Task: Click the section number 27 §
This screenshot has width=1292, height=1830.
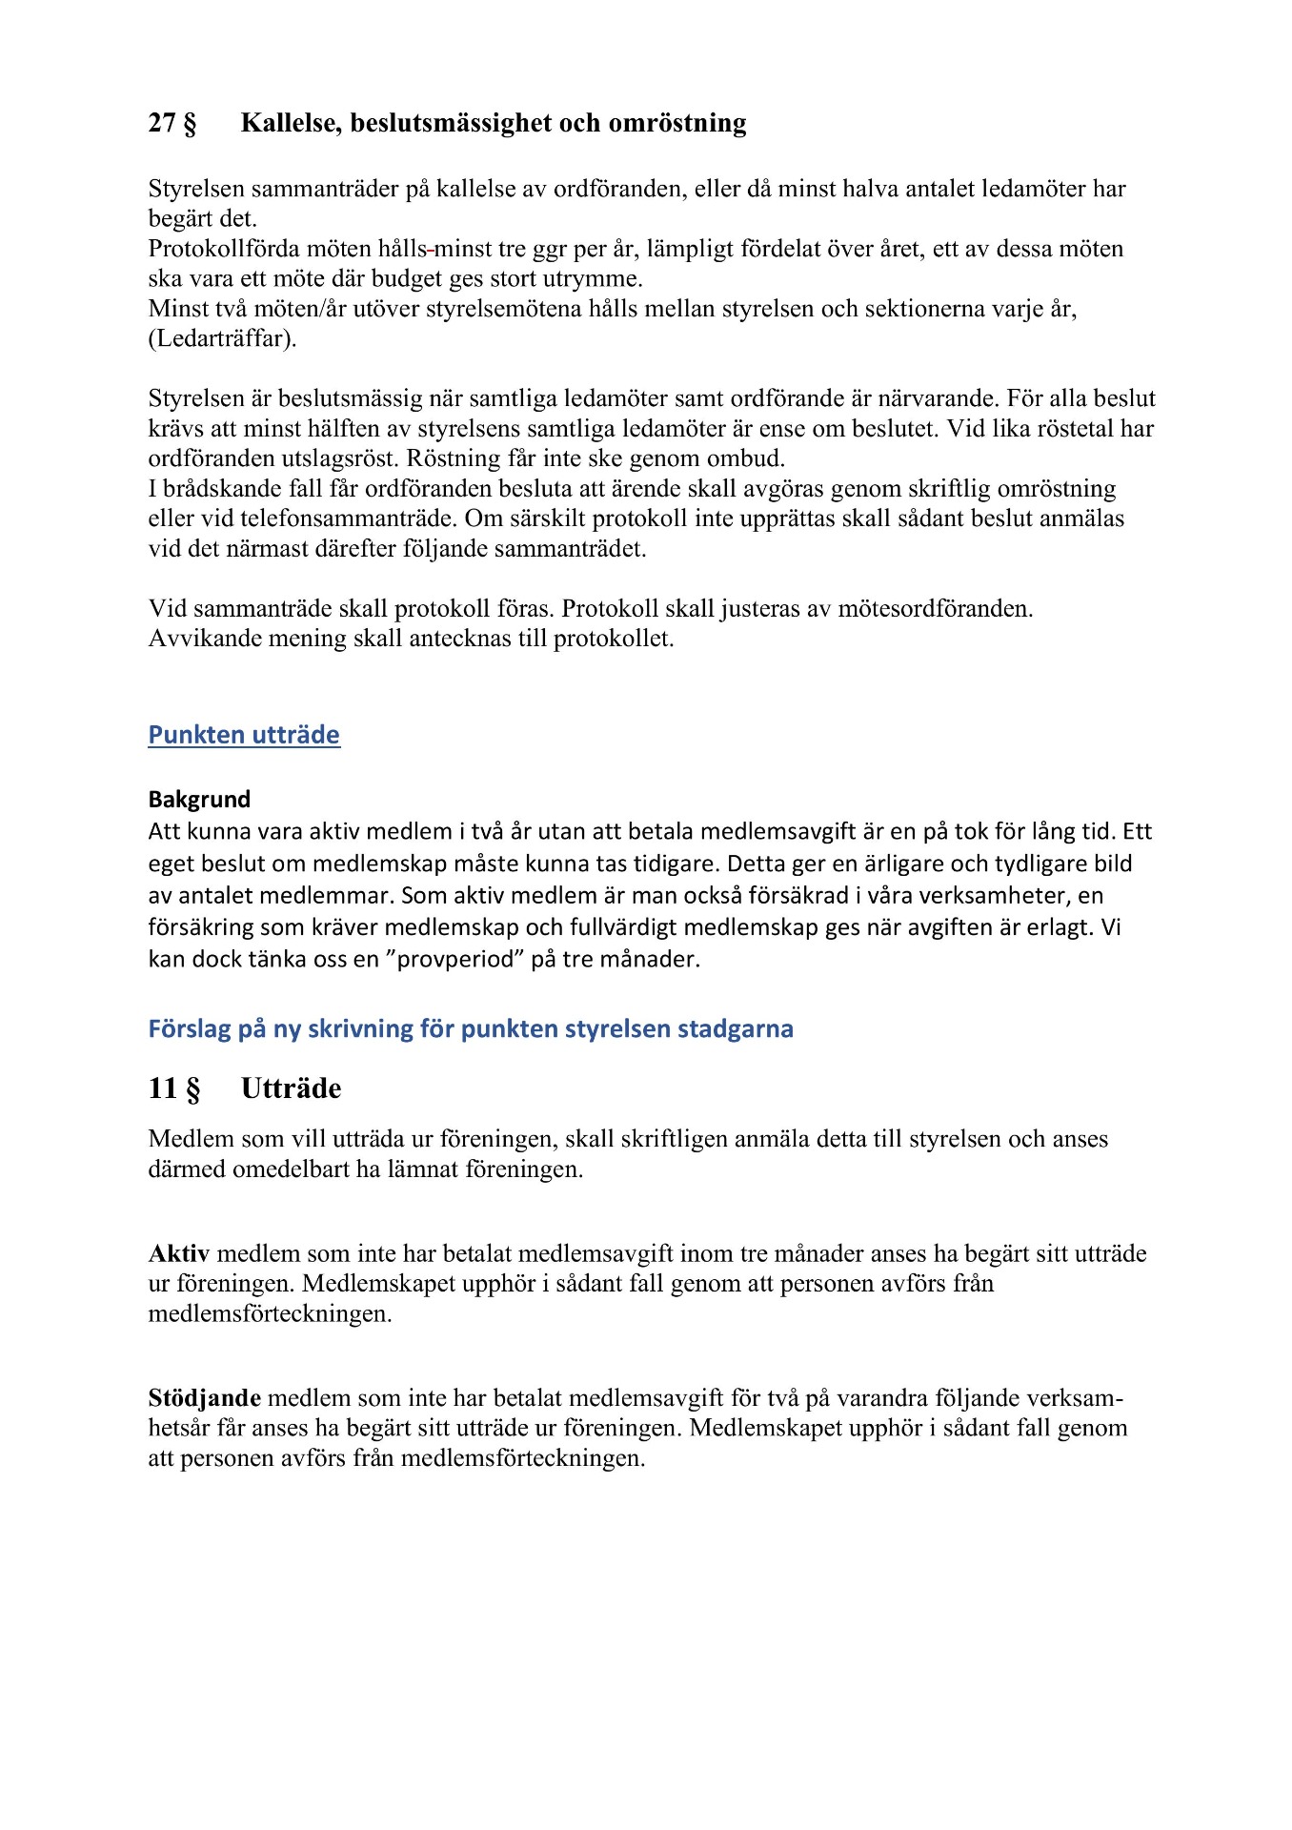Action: point(172,123)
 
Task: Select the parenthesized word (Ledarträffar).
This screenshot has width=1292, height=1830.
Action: point(222,338)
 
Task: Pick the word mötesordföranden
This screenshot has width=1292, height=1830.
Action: point(935,608)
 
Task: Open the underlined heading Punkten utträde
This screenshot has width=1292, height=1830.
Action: point(244,735)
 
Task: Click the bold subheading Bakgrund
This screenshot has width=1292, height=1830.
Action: point(199,800)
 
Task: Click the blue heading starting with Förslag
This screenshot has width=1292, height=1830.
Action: point(471,1028)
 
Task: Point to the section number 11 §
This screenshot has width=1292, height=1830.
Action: point(174,1088)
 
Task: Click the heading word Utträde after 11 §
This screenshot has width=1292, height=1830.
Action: point(291,1088)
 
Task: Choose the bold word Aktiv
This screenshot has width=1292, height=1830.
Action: point(179,1253)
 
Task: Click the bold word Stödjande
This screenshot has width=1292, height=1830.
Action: point(205,1398)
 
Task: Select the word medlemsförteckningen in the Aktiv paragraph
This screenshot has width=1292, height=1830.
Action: point(270,1314)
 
